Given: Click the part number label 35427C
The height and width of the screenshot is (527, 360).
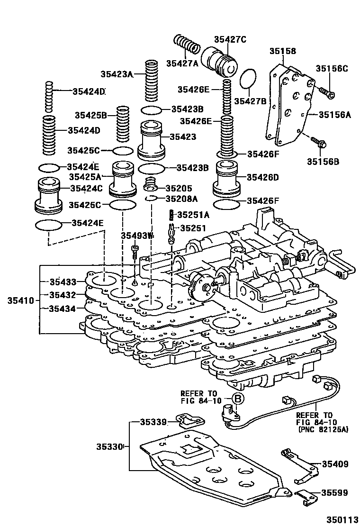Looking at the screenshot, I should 230,39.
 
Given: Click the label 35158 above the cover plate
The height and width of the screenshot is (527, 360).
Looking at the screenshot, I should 283,50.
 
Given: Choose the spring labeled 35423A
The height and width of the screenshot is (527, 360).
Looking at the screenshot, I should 151,81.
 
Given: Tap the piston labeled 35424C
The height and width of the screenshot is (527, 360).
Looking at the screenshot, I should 49,194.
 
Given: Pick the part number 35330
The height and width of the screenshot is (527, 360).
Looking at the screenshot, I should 110,446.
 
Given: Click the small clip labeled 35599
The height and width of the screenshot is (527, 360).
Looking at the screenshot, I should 305,495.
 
